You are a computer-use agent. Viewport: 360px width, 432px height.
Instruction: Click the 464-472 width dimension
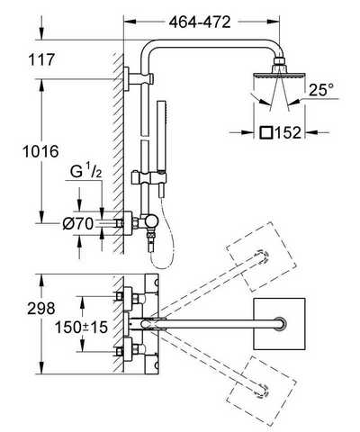200,22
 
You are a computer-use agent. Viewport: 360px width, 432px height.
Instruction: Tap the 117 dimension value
41,59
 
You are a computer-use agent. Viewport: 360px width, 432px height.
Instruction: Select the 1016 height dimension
40,151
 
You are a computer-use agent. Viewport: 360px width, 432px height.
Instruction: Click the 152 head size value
288,132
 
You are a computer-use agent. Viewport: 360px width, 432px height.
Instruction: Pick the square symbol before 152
266,132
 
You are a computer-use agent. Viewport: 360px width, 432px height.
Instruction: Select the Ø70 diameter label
78,224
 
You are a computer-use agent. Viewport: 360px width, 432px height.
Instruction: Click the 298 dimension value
41,309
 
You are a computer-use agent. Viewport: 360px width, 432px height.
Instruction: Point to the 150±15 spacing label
81,327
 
